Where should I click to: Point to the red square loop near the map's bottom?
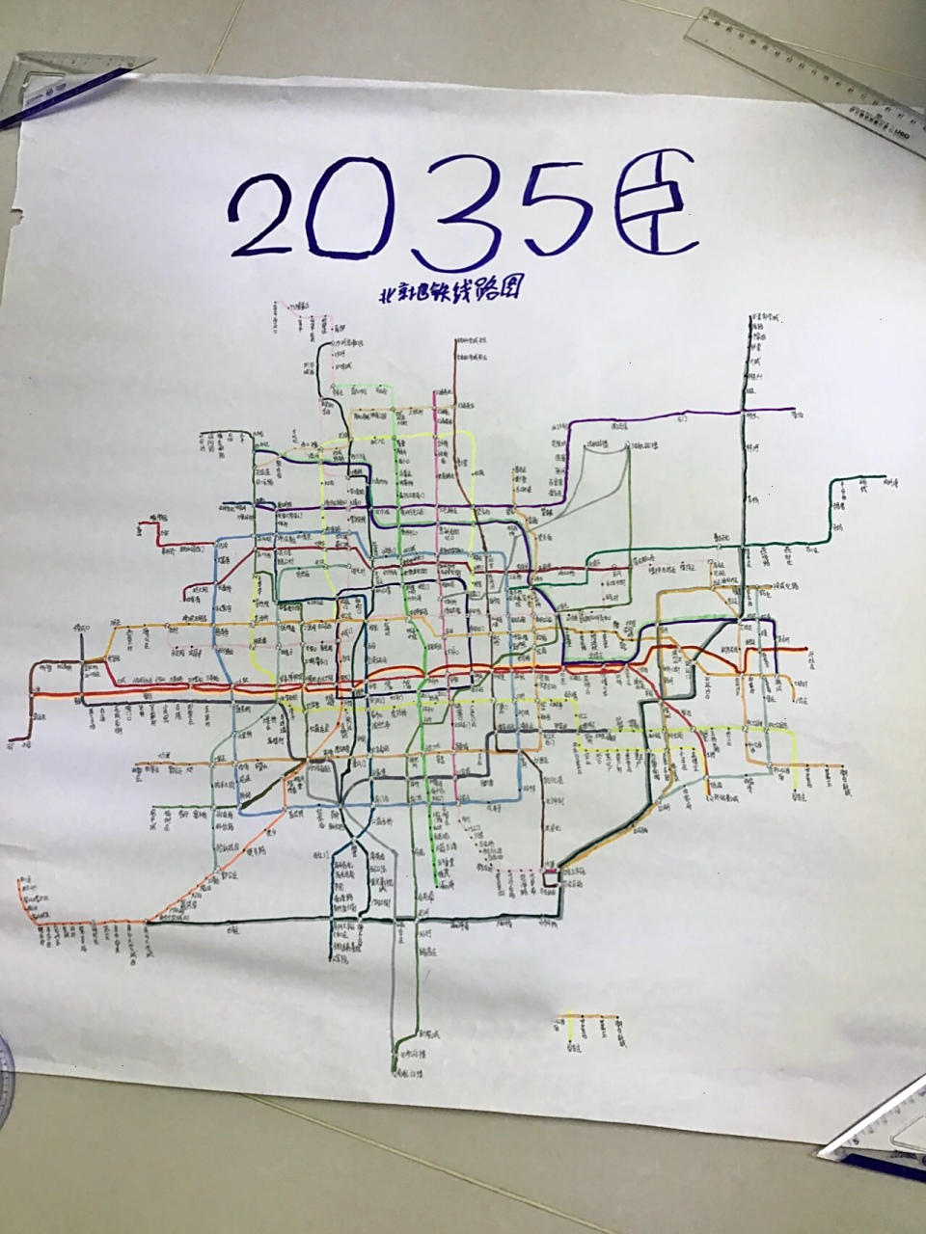(x=551, y=878)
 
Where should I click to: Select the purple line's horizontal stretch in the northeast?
(x=675, y=417)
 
